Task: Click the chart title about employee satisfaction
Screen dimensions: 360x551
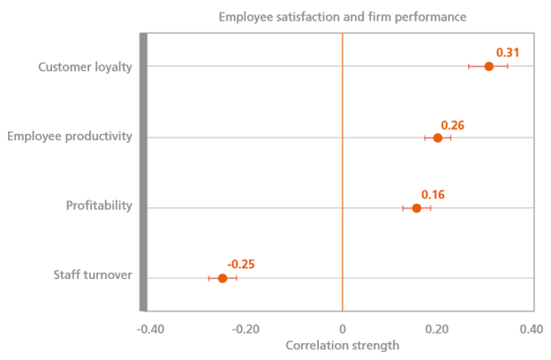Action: point(342,16)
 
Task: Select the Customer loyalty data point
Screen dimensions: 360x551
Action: point(488,66)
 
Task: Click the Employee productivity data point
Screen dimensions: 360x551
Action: point(438,138)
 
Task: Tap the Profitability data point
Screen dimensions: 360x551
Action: point(417,208)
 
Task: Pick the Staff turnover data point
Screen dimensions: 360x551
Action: point(223,279)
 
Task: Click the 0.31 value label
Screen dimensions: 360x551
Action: point(507,53)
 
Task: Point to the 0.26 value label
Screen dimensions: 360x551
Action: point(452,125)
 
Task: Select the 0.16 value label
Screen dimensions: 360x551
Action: point(433,194)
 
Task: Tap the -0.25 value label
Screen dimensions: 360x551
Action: point(241,264)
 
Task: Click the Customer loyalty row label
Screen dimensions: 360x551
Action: point(86,66)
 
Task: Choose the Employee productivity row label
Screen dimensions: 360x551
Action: point(70,137)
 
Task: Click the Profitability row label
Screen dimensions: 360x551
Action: point(99,206)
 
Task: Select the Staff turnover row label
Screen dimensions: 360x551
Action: point(91,275)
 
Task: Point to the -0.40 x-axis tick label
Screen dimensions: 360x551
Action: point(150,329)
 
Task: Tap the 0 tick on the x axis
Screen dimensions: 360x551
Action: point(342,329)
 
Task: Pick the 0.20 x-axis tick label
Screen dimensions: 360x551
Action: point(436,329)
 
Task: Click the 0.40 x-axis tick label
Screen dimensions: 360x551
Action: point(531,329)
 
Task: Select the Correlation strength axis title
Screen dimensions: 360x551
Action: point(343,345)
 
